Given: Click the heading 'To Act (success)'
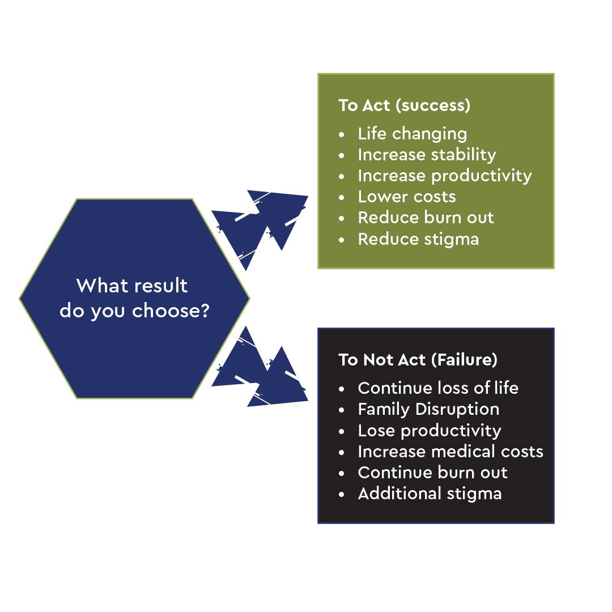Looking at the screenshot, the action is pos(405,105).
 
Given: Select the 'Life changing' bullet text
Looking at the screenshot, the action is pos(412,134).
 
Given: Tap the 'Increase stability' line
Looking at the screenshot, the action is pos(427,155).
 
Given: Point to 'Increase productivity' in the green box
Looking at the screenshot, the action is pos(445,176).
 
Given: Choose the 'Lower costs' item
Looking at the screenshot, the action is pos(407,197).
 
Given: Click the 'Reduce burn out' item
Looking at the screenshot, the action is pos(426,218).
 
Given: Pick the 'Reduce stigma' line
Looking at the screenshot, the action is pos(418,239).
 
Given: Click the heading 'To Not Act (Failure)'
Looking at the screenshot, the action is pos(418,360).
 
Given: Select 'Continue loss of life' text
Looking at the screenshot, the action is pos(438,388).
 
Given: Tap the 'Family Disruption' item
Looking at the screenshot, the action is pos(428,410).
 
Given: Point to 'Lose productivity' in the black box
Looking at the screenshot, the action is pos(430,431).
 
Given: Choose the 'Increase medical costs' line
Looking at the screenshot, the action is pos(450,452).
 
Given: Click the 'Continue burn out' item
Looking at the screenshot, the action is pos(432,473).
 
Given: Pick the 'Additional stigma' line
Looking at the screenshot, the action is pos(430,494).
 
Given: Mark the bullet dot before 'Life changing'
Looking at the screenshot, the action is pos(342,135).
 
